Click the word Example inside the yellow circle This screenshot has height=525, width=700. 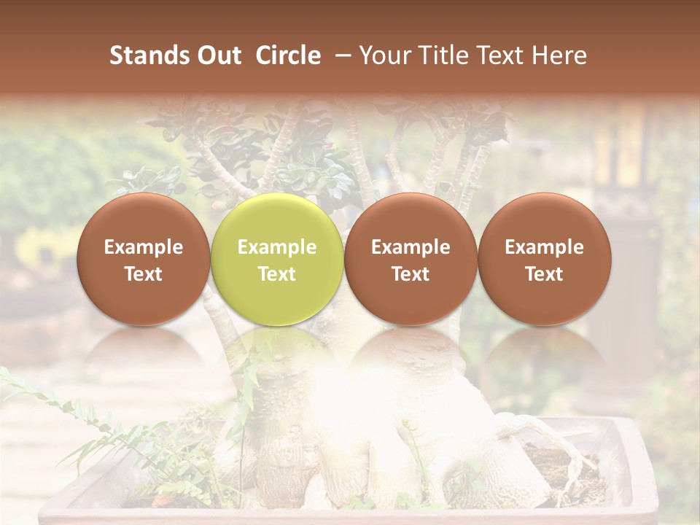[x=277, y=247]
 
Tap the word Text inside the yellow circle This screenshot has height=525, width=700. [x=277, y=274]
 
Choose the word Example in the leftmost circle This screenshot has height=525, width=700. [x=144, y=247]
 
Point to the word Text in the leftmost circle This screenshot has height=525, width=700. [x=144, y=274]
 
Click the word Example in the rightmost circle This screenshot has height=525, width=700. [x=544, y=247]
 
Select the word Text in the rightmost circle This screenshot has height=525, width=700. [x=544, y=274]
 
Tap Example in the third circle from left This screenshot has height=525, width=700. [x=411, y=247]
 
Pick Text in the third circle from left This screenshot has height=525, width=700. [x=411, y=274]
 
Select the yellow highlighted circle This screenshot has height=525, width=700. [x=277, y=219]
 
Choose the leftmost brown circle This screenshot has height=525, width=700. [x=144, y=219]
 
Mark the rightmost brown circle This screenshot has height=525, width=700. [x=544, y=219]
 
